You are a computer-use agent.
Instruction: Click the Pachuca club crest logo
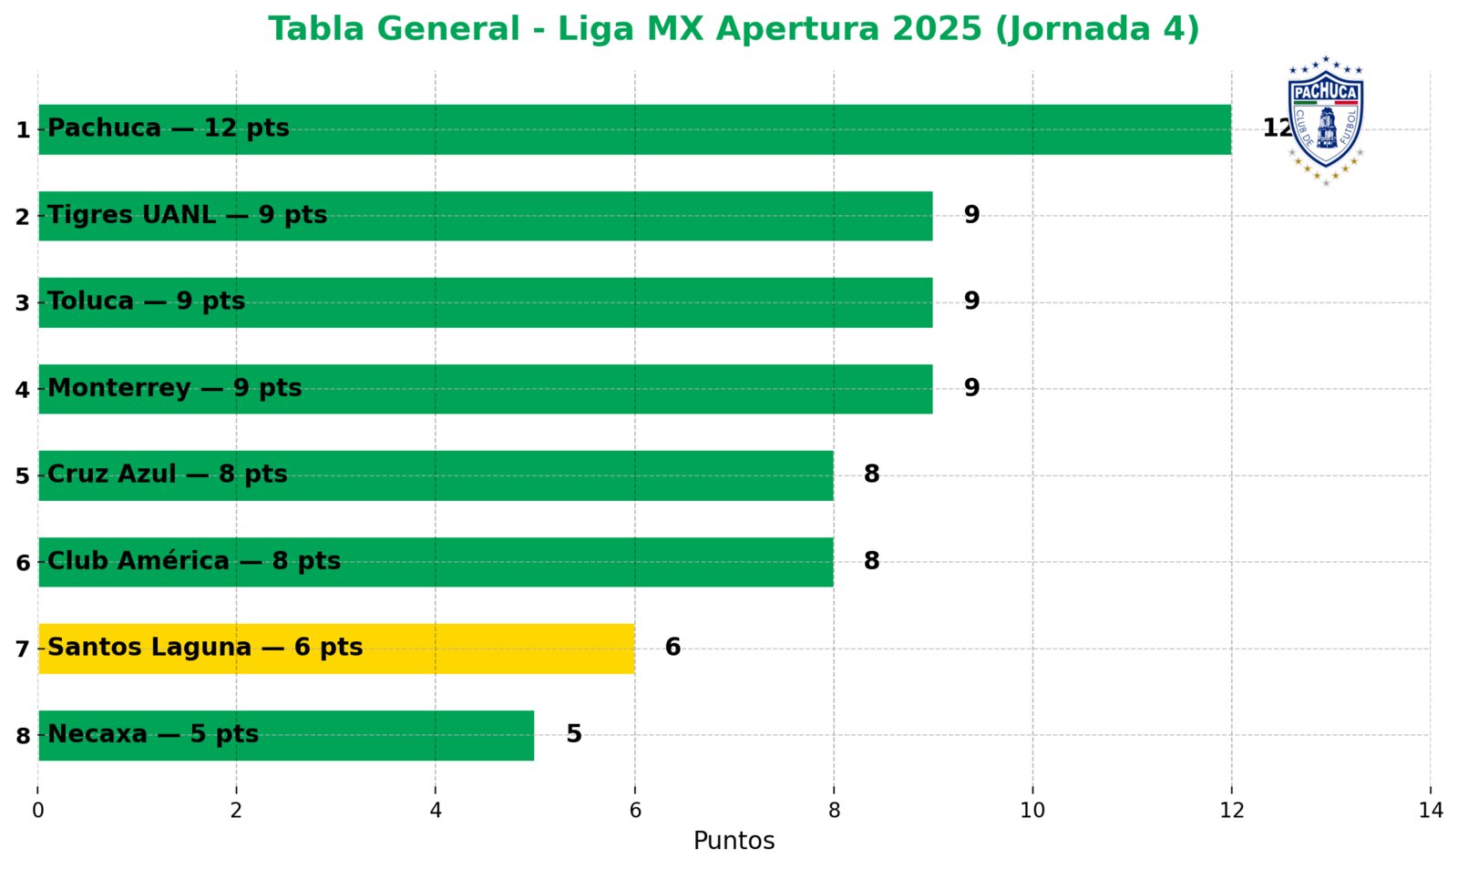coord(1325,120)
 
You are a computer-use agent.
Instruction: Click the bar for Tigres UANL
coord(485,216)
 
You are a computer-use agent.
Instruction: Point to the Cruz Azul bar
coord(436,475)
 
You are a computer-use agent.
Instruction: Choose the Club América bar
coord(436,562)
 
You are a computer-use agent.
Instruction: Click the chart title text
coord(734,29)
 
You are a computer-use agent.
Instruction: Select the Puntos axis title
coord(734,841)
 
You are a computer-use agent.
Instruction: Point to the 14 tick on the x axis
coord(1431,810)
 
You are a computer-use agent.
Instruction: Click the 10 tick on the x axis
coord(1032,810)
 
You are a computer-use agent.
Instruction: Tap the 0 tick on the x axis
coord(37,810)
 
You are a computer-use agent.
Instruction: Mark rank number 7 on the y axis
coord(23,649)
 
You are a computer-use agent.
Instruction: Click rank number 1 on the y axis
coord(23,130)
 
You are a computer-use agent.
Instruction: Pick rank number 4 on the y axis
coord(23,390)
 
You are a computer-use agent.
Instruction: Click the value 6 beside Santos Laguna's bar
coord(673,648)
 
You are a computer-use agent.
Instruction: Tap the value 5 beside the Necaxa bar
coord(573,734)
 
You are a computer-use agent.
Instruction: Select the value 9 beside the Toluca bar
coord(971,302)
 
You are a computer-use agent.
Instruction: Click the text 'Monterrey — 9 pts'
coord(174,388)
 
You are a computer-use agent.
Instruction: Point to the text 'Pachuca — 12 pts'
coord(168,128)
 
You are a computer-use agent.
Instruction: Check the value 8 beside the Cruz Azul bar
coord(871,475)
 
